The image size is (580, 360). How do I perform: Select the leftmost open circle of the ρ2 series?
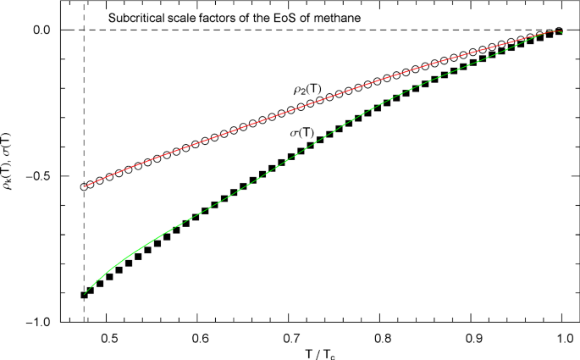[x=84, y=186]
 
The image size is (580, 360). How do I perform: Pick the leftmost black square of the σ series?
[x=84, y=295]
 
